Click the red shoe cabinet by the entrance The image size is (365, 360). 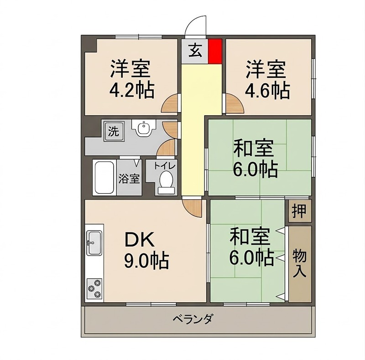(x=215, y=51)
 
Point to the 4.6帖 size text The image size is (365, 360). (x=268, y=91)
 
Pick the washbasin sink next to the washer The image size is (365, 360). (x=144, y=129)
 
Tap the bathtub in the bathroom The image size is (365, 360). (x=104, y=177)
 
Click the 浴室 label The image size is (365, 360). (x=129, y=179)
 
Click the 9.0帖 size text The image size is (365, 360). (x=146, y=261)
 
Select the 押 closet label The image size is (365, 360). (x=299, y=211)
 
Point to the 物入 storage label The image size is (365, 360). (x=299, y=263)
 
